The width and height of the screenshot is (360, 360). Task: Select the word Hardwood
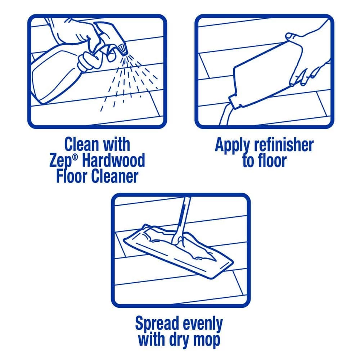(113, 160)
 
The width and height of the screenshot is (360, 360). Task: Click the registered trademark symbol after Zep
(75, 157)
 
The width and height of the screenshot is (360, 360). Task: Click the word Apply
(232, 146)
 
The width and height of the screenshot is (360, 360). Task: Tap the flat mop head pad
(178, 251)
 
